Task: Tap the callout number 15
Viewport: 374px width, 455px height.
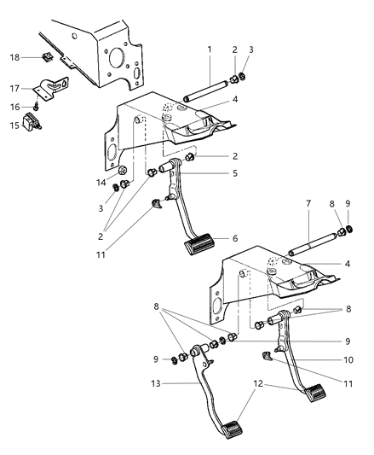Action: (14, 125)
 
